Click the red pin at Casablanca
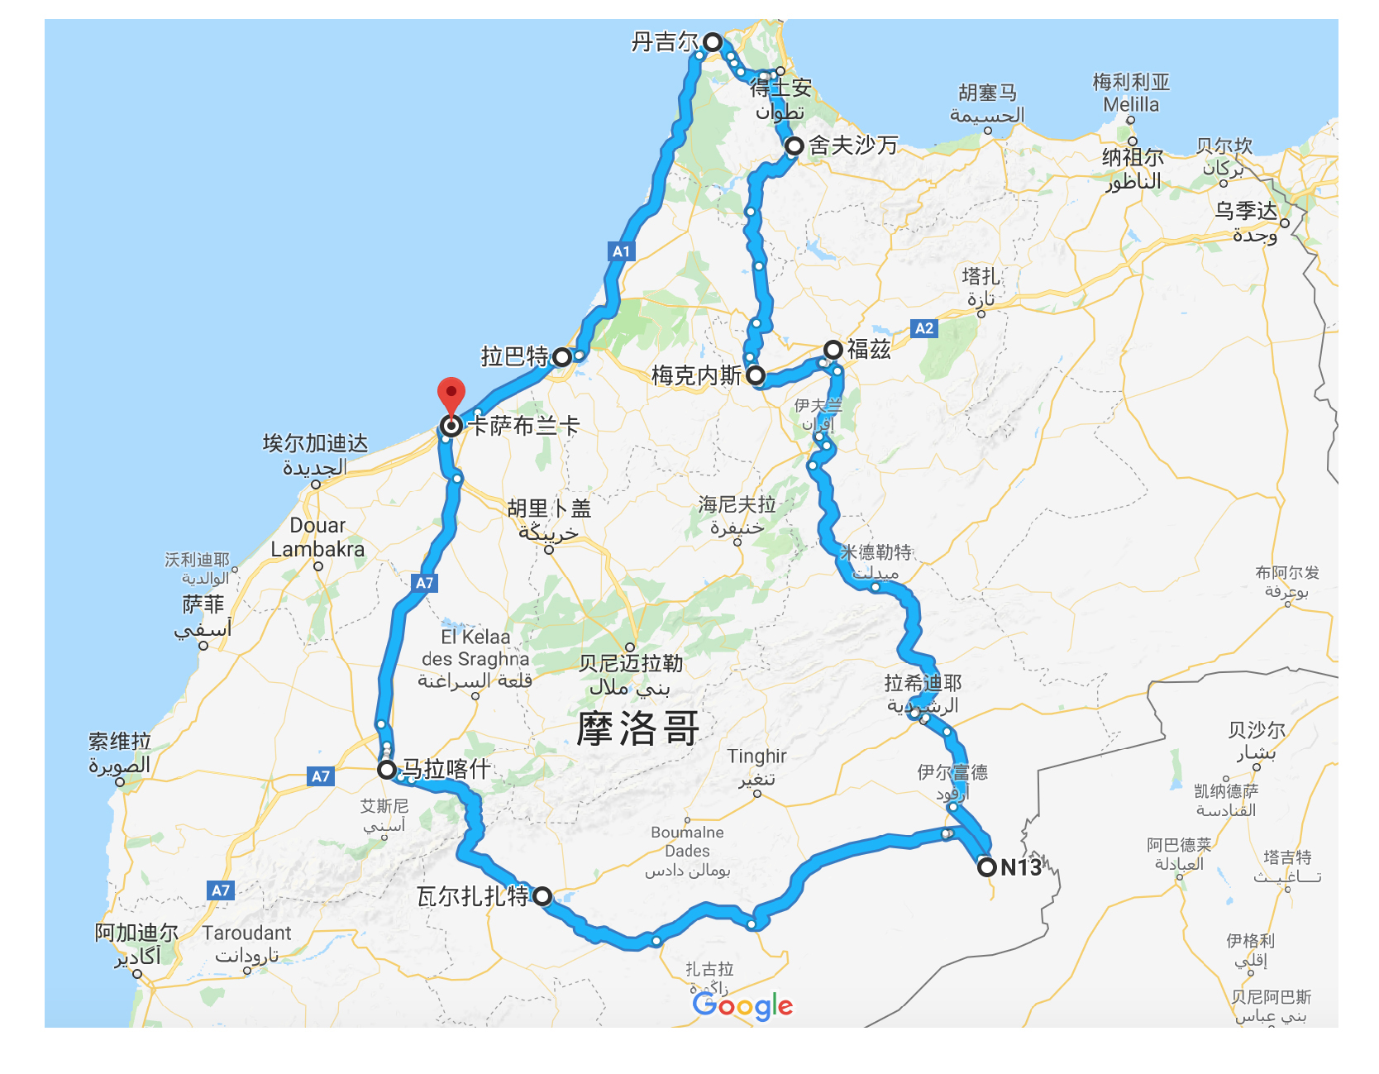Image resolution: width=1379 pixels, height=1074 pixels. [x=451, y=394]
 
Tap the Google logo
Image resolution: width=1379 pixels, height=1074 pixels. [x=742, y=1005]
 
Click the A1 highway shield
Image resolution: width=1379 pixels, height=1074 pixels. [x=621, y=251]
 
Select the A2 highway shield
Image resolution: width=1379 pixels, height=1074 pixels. [x=923, y=328]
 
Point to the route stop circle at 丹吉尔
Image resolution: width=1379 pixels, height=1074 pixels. [x=713, y=42]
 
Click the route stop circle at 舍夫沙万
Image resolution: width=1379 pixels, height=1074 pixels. [x=794, y=146]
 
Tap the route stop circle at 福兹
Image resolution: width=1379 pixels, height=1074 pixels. [x=833, y=349]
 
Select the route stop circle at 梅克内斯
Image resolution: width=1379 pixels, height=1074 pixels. [x=756, y=375]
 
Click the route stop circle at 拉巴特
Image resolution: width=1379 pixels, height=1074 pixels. [x=562, y=357]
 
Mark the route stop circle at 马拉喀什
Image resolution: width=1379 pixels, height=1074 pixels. [x=387, y=770]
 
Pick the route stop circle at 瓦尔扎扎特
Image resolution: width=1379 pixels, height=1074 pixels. [x=542, y=896]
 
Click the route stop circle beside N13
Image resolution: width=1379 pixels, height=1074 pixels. [x=986, y=867]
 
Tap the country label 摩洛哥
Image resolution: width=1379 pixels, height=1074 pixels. [x=637, y=728]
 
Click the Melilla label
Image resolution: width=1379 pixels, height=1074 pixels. [x=1131, y=105]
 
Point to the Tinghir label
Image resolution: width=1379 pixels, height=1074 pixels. [x=756, y=756]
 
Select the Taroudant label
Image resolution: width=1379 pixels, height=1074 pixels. [x=246, y=933]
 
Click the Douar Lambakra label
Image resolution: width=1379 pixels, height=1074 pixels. [x=317, y=537]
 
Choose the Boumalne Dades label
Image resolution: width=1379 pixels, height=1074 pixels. [x=687, y=842]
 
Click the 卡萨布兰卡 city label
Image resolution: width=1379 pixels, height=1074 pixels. [x=524, y=426]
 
